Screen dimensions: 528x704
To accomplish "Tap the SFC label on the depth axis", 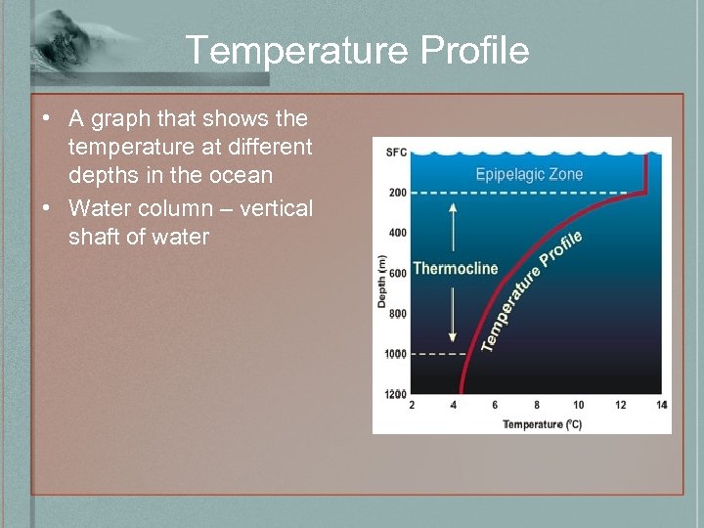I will pyautogui.click(x=396, y=152).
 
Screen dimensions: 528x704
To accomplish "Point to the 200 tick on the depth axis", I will pyautogui.click(x=397, y=193).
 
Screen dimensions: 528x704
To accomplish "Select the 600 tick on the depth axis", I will pyautogui.click(x=397, y=274).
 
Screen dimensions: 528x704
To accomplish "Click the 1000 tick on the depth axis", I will pyautogui.click(x=395, y=354).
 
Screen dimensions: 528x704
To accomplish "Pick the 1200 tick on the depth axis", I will pyautogui.click(x=395, y=394).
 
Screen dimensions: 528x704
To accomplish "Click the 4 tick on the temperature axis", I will pyautogui.click(x=453, y=406).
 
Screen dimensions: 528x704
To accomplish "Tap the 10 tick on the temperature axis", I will pyautogui.click(x=578, y=406).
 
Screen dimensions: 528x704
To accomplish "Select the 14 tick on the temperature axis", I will pyautogui.click(x=662, y=406).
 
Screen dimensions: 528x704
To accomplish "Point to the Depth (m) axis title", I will pyautogui.click(x=381, y=282).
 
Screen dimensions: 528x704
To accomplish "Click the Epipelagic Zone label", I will pyautogui.click(x=529, y=175).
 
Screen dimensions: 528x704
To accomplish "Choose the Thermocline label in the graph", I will pyautogui.click(x=455, y=268).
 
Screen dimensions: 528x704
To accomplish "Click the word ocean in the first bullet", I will pyautogui.click(x=240, y=176).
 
